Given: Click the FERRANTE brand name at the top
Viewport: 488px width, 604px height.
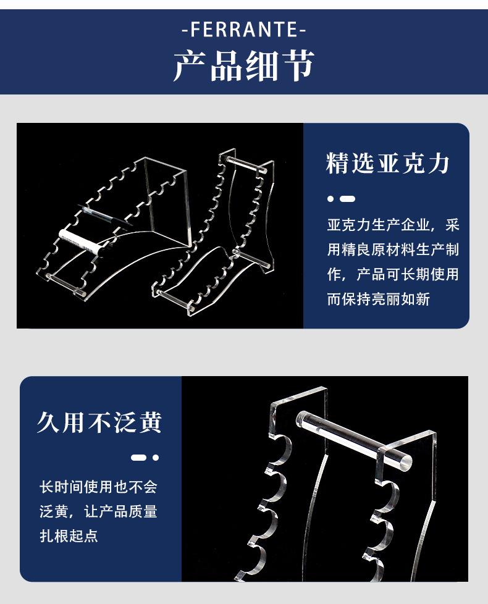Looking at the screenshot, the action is point(244,30).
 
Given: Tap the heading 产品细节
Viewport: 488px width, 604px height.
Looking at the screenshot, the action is point(244,65).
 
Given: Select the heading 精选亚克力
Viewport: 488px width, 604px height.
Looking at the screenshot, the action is point(387,163).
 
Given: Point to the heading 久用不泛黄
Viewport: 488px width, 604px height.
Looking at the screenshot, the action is point(99,422).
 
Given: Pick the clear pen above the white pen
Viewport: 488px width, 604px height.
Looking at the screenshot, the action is point(104,216).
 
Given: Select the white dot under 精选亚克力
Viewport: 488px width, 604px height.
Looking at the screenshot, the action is point(330,199).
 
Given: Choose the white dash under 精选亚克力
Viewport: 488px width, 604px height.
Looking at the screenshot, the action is point(348,199).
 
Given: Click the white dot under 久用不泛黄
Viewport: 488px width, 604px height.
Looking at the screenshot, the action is point(156,458).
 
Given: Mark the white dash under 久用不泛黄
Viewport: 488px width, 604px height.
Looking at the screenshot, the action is point(138,458).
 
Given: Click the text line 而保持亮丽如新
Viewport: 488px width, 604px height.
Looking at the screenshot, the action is point(378,299).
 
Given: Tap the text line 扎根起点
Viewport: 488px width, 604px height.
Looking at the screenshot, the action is point(69,536).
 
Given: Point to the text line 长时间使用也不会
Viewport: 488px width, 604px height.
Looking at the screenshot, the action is point(99,487).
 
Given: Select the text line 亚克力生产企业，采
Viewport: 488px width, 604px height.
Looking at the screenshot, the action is point(393,225).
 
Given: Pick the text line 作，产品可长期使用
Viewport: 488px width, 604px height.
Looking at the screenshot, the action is point(393,274).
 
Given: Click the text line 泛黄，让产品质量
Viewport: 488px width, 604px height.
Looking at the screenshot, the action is point(99,511).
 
